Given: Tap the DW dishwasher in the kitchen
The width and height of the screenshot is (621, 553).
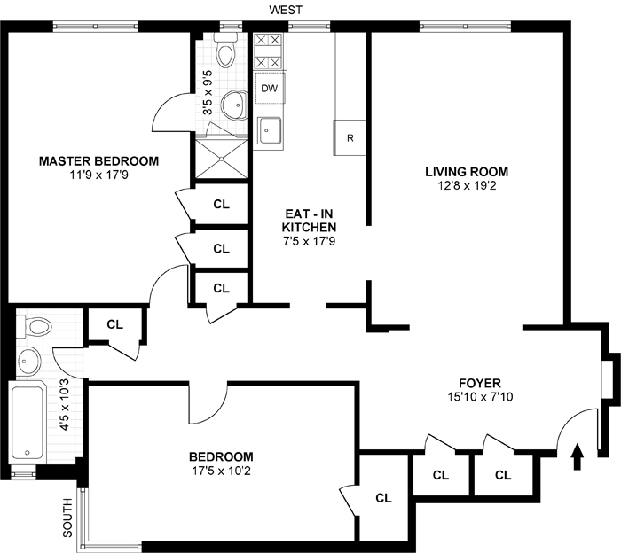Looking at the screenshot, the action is [270, 89].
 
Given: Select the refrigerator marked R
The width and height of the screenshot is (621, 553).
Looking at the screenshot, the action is [350, 137].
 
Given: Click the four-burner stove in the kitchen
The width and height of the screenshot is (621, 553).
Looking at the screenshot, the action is [268, 51].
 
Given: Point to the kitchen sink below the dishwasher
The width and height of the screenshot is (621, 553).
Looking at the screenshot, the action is [270, 130].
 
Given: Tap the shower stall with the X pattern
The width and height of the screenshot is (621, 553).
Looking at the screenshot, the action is [222, 159].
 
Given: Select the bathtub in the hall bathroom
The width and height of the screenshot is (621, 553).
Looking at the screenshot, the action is [28, 423].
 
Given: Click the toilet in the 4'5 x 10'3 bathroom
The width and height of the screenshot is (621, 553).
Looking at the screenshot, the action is [35, 327].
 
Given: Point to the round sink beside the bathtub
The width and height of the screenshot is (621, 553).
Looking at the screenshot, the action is [29, 361].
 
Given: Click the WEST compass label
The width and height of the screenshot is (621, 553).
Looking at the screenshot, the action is [286, 10].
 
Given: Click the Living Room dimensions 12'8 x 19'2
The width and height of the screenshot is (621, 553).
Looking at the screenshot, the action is [467, 185].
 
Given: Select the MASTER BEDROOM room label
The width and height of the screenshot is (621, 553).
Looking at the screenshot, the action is [99, 161].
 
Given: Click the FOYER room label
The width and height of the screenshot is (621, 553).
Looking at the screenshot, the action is [480, 383].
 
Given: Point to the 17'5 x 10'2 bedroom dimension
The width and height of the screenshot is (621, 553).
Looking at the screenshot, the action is [221, 471].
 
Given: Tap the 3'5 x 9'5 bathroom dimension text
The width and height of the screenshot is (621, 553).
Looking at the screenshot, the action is [208, 92].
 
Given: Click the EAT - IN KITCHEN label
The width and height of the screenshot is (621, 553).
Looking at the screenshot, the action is [309, 221].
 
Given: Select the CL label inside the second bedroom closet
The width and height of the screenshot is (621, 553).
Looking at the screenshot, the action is [383, 498].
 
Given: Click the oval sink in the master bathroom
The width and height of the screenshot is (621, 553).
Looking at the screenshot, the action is [233, 105].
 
